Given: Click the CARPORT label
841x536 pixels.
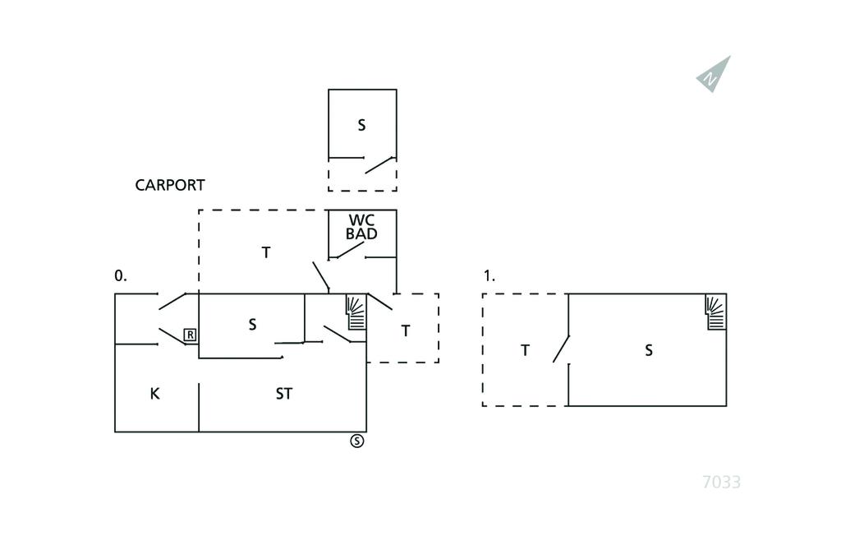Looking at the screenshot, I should coord(170,185).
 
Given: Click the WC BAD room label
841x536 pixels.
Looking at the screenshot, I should coord(361,227).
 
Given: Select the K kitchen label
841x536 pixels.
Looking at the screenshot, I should coord(154,394).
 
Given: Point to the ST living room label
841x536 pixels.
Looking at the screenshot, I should coord(283,394).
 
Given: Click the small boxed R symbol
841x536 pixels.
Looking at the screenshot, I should coord(190,335).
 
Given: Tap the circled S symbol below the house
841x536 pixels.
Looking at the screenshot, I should coord(357,441).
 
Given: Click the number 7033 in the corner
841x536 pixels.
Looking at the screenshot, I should coord(721,483).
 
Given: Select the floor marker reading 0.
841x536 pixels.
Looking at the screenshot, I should coord(121,276).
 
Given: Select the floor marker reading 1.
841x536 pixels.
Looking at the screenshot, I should coord(489,276).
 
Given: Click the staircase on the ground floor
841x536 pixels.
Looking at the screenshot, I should coord(356,312).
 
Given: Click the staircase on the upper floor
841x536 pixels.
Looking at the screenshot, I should coord(716,312).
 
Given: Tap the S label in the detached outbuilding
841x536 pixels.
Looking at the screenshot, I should coord(361,126).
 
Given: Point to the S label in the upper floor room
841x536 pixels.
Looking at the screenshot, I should coord(649,350).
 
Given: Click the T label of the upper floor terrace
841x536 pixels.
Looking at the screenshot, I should coord(525,350).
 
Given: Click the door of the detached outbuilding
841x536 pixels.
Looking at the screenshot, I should coord(379,164).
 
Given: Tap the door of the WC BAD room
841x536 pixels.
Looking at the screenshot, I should coord(348,248).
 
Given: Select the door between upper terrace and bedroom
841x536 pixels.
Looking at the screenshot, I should coord(561,349).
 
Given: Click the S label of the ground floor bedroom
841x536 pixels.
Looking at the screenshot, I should coord(252,325).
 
